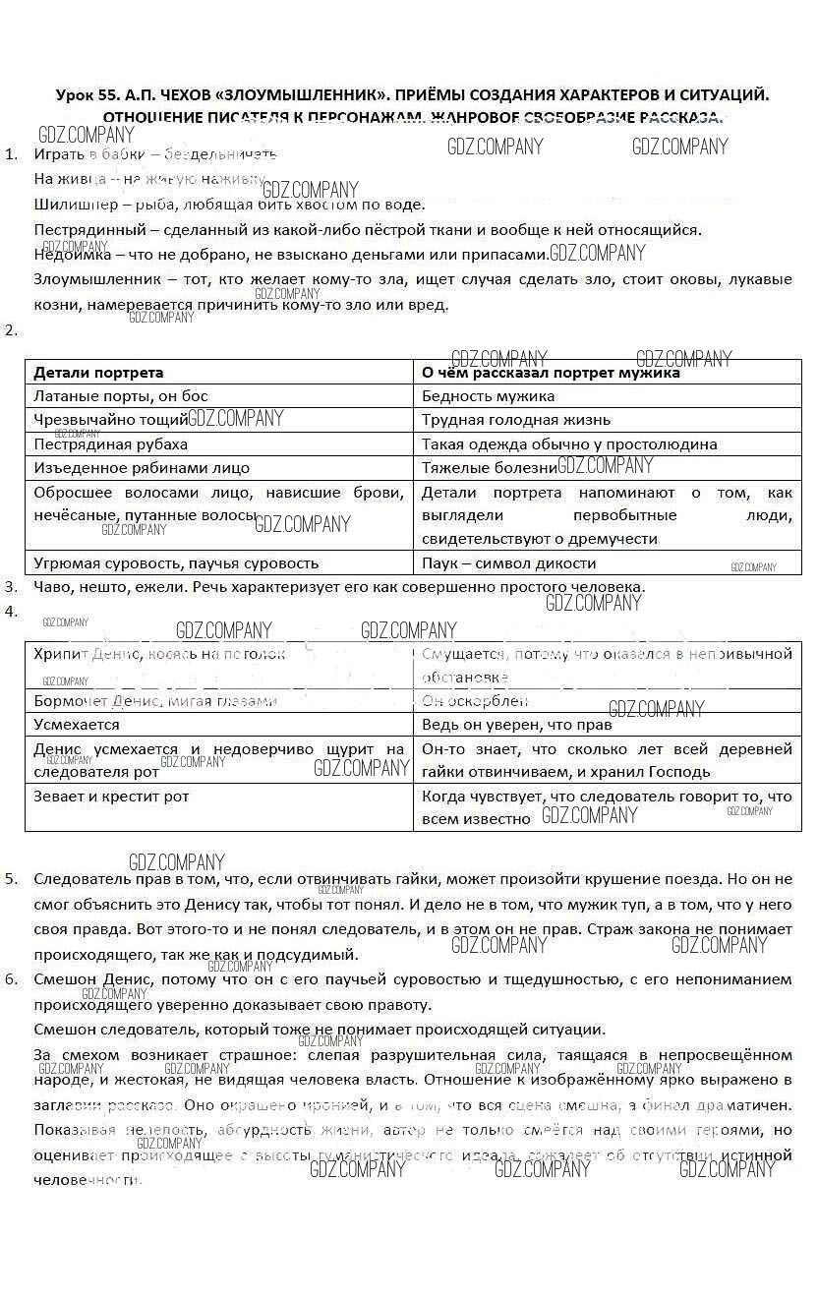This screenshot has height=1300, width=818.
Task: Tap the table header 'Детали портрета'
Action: [98, 373]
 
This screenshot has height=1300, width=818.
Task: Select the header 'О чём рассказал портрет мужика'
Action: [551, 373]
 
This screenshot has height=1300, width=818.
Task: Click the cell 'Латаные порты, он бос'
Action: [121, 396]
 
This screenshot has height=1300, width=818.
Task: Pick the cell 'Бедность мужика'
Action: [488, 396]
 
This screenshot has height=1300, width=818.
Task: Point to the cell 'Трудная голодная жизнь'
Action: [516, 420]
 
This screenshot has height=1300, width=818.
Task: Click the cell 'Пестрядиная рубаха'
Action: [110, 444]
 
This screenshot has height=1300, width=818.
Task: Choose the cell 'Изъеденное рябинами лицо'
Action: [142, 468]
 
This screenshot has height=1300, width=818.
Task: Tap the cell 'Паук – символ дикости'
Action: [508, 563]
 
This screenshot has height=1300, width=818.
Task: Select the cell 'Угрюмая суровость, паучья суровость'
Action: [176, 563]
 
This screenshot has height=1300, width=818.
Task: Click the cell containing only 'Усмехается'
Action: [77, 725]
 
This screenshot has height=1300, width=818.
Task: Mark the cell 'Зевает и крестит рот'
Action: [111, 797]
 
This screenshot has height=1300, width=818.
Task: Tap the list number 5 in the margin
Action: [11, 879]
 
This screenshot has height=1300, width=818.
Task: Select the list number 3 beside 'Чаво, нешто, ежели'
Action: [11, 587]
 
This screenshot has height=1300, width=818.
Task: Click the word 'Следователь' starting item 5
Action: [78, 879]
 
